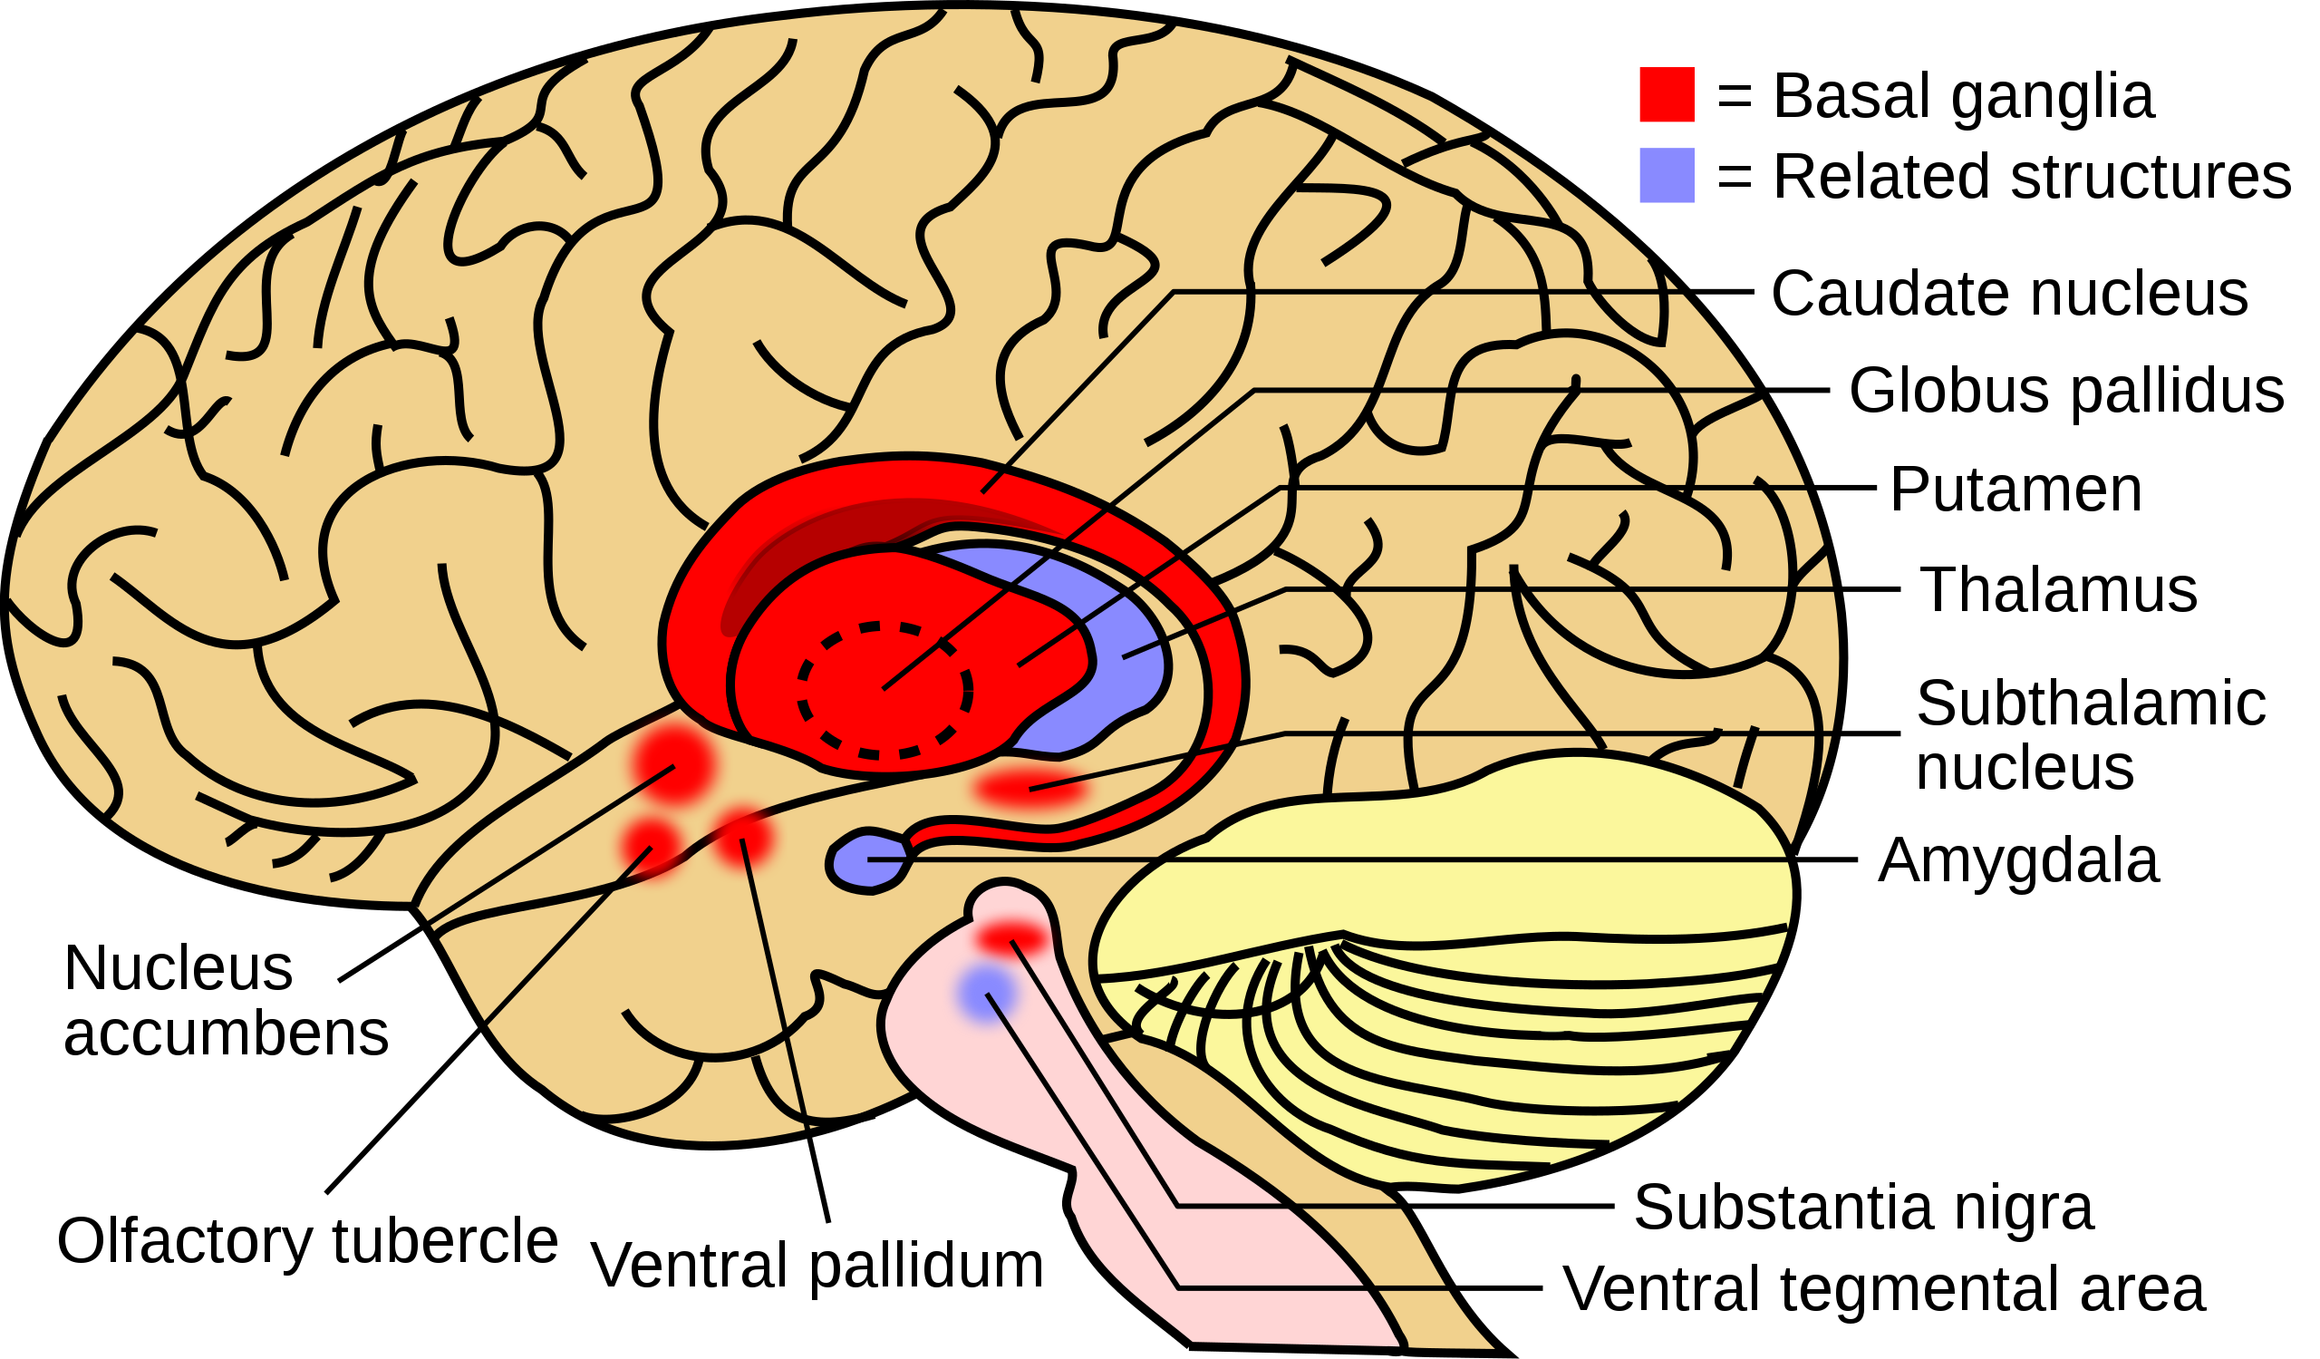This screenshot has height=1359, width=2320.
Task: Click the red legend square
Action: [x=1667, y=94]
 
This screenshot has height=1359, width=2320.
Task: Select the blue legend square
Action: [x=1667, y=175]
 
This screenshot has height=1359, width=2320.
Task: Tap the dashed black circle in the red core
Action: [x=884, y=691]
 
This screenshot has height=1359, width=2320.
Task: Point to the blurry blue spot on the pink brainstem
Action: [x=986, y=994]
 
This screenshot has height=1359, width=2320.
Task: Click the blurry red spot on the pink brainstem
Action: [x=1011, y=939]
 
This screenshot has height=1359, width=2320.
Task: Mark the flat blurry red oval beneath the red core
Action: [x=1031, y=788]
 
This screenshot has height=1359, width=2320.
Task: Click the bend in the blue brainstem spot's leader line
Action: [x=1178, y=1288]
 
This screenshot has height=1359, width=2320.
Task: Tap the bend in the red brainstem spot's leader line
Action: [x=1178, y=1205]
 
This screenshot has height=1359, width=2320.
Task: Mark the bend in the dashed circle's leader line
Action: [x=1254, y=391]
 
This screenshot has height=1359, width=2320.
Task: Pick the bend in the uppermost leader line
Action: [x=1174, y=293]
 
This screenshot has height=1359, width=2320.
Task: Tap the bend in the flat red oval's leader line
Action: [x=1285, y=733]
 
